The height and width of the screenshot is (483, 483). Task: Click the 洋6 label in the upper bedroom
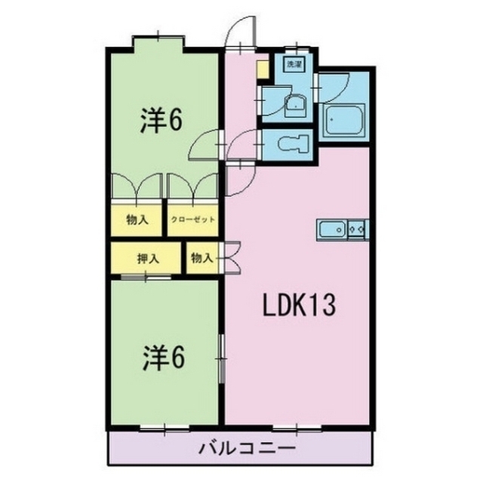tap(162, 121)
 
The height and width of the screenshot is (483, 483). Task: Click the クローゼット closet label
tap(193, 220)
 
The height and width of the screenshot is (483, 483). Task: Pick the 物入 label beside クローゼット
tap(137, 220)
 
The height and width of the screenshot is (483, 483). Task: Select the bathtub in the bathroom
tap(345, 120)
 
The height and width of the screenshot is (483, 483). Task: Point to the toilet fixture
tap(293, 143)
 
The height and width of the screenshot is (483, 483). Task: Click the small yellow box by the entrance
tap(262, 70)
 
